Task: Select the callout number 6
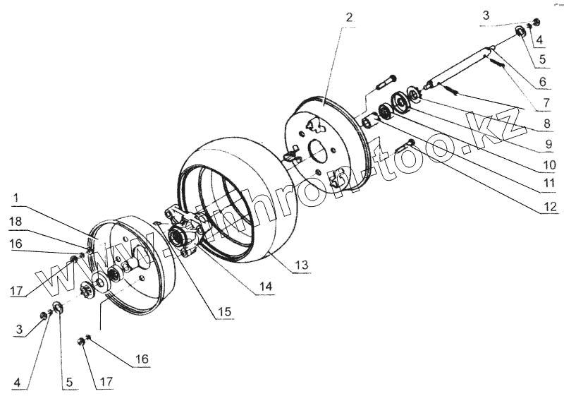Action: pyautogui.click(x=542, y=83)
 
